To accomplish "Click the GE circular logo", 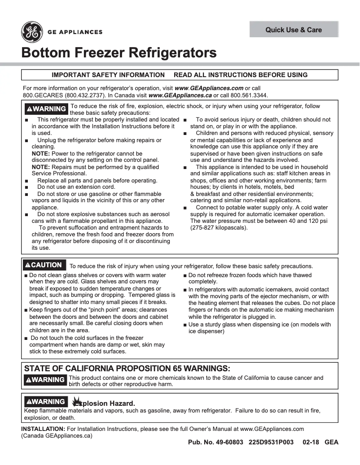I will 32,32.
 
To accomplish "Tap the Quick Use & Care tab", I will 294,30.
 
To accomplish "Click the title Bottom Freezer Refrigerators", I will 119,53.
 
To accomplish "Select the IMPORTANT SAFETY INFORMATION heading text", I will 108,75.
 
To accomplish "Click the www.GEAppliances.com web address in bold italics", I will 209,88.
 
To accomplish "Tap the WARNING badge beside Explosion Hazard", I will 45,402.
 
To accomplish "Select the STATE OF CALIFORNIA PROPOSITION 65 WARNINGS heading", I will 127,369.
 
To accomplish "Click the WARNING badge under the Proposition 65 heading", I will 45,380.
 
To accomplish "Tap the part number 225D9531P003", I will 271,443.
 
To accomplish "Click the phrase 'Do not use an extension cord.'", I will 76,187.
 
